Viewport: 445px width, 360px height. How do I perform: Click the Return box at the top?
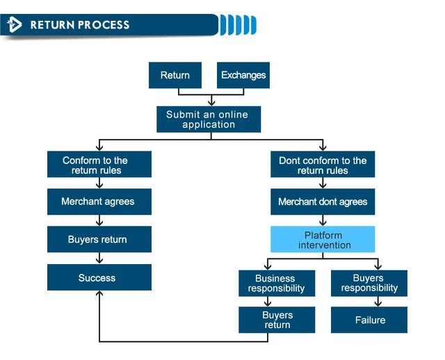point(175,75)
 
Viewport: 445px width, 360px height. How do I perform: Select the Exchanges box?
point(243,75)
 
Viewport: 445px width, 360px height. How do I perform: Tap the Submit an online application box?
point(209,120)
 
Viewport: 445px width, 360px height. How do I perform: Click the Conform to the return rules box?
point(99,165)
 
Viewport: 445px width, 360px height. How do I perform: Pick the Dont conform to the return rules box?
point(323,165)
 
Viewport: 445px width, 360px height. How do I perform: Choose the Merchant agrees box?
point(99,202)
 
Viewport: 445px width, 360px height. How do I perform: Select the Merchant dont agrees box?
point(323,202)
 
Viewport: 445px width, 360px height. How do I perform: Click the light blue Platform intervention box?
point(323,240)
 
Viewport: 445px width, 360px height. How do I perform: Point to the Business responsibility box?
point(277,284)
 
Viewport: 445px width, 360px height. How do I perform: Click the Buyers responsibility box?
point(369,284)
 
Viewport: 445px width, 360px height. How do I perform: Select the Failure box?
point(369,320)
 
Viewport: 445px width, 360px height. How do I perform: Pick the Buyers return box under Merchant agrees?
point(99,239)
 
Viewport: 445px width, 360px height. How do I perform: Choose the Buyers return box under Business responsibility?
point(277,320)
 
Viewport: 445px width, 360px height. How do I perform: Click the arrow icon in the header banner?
point(14,25)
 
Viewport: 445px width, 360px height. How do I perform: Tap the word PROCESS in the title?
point(104,25)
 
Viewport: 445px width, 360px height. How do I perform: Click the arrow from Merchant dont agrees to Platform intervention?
point(323,220)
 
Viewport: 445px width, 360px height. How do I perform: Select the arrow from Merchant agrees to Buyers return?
point(99,220)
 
